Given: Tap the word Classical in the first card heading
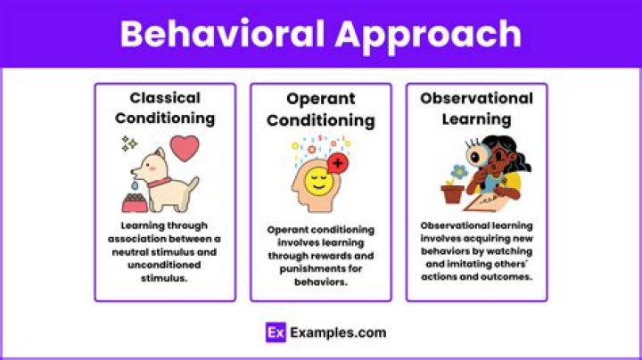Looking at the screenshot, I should click(165, 97).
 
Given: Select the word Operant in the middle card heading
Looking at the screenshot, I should click(320, 99).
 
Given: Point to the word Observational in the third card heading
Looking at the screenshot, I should click(476, 98).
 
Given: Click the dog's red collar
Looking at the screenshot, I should click(160, 184).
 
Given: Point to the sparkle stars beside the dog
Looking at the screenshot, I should click(129, 143).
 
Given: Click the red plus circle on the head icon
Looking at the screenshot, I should click(339, 164).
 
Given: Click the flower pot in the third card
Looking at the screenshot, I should click(454, 192).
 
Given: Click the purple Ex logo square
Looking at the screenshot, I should click(276, 332).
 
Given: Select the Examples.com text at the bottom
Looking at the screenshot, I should click(338, 332).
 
